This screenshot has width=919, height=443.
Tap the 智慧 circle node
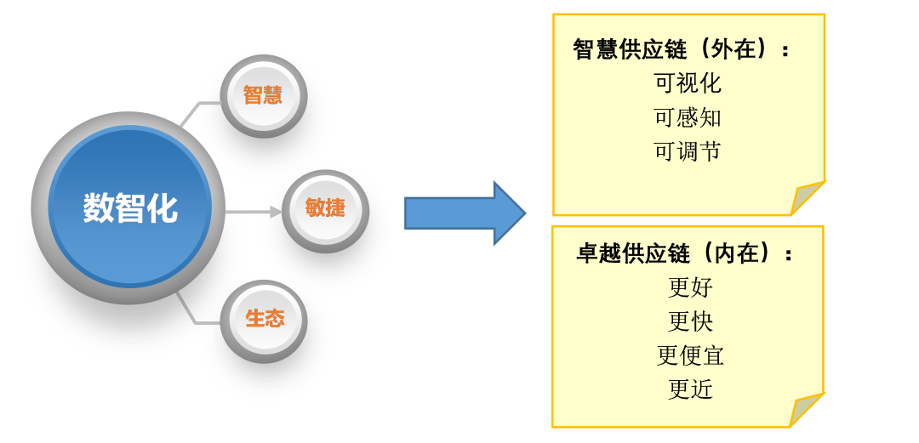[x=262, y=95]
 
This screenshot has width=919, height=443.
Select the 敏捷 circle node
[x=325, y=207]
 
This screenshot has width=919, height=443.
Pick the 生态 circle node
[x=264, y=319]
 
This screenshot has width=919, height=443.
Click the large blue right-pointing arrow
[x=464, y=213]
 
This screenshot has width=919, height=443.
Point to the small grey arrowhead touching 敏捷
[x=276, y=211]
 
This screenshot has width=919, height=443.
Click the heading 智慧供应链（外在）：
[x=682, y=49]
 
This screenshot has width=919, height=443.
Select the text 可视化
[x=688, y=83]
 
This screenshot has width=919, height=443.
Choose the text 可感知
[x=688, y=117]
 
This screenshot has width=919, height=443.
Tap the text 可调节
[x=688, y=151]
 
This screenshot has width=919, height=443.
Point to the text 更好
[x=690, y=287]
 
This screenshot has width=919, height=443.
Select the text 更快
[x=690, y=321]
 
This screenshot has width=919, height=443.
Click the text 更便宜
[x=690, y=355]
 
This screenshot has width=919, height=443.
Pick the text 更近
[x=690, y=389]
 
